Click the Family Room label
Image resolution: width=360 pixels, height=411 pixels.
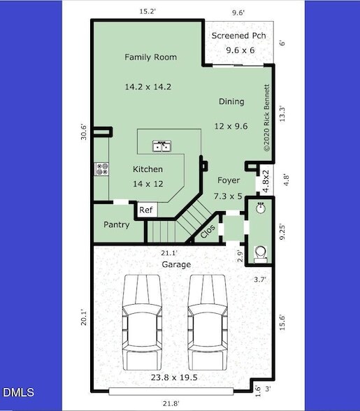150,57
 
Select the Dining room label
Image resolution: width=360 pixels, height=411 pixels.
231,101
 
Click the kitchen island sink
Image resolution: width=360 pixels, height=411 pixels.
164,146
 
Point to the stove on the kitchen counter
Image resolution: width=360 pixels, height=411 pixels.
101,168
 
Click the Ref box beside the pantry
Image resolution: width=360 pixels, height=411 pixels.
146,210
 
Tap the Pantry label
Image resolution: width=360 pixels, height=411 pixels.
117,225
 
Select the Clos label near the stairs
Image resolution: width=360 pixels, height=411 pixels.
208,232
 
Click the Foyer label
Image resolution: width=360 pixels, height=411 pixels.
228,180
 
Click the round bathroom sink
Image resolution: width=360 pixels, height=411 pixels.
260,207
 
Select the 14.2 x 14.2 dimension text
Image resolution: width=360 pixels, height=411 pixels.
148,87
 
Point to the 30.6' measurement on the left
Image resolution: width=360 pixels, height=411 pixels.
84,132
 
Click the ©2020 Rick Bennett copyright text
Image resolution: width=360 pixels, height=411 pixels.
266,118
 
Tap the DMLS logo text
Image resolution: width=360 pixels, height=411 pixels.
17,392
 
